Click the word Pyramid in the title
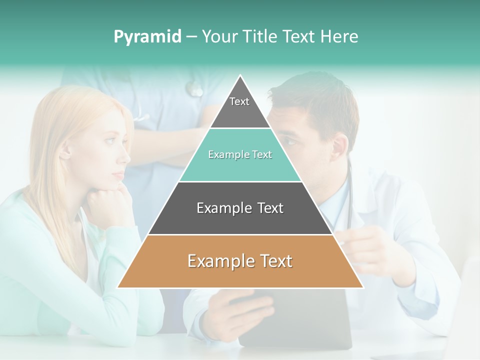pos(147,37)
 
